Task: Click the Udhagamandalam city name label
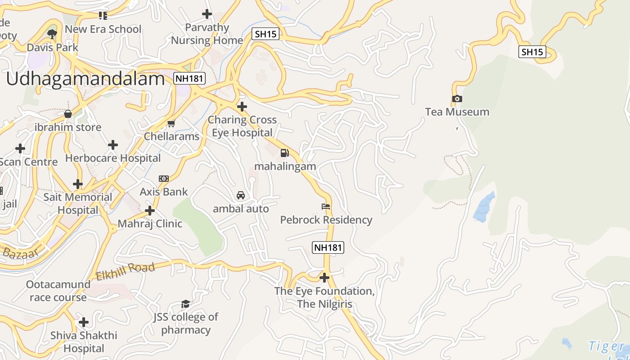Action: [x=85, y=79]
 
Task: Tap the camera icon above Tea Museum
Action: [x=457, y=99]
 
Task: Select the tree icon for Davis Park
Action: [x=52, y=33]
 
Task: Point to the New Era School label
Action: [x=103, y=29]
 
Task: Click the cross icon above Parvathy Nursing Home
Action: [x=207, y=14]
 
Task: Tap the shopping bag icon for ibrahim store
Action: [x=67, y=114]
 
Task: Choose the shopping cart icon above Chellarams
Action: [x=171, y=123]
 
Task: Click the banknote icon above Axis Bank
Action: [x=164, y=179]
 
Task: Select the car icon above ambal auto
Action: [x=241, y=195]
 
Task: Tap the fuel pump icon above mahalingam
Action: [x=284, y=153]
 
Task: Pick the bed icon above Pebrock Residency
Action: [x=326, y=207]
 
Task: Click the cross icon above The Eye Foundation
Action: [x=324, y=277]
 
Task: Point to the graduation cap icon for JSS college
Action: [x=185, y=304]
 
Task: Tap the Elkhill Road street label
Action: [x=126, y=271]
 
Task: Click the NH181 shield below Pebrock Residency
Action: [x=328, y=247]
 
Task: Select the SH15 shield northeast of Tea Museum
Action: [x=532, y=52]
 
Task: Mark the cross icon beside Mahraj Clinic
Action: [x=150, y=210]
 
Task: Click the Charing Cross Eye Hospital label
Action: [x=242, y=126]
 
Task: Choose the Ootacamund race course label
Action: [x=58, y=291]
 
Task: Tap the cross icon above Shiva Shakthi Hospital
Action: [x=84, y=322]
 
